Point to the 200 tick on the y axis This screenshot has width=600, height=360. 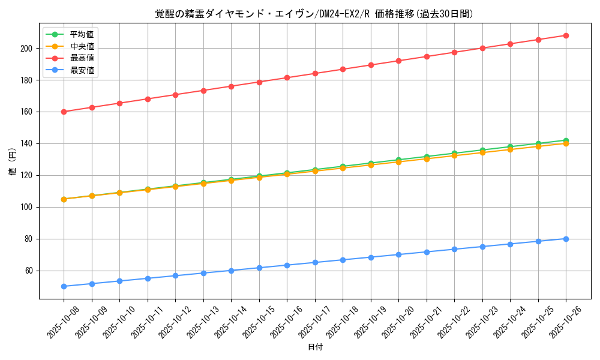28,48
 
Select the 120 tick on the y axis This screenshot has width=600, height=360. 28,175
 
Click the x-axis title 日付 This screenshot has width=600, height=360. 315,347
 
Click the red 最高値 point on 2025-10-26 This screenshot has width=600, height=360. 566,35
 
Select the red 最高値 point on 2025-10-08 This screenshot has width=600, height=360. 64,112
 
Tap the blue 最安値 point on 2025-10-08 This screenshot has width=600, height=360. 64,286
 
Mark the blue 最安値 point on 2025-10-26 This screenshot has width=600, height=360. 566,239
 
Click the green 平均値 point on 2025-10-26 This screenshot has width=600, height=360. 566,140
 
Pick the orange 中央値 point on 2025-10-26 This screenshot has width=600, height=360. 566,144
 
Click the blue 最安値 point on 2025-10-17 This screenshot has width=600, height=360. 315,262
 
